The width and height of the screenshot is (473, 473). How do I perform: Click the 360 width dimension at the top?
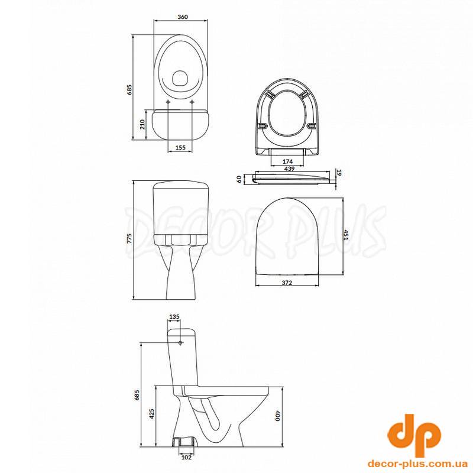(183, 17)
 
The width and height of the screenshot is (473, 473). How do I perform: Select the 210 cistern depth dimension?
(142, 124)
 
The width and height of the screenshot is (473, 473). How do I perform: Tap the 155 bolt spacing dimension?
(180, 147)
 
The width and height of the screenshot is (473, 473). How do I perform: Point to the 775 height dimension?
(129, 239)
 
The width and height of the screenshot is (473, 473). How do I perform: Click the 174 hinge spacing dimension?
(288, 161)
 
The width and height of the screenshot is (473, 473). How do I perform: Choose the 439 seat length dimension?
(289, 169)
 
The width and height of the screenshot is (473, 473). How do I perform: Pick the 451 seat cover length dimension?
(346, 235)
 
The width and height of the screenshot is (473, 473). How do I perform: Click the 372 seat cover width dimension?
(287, 283)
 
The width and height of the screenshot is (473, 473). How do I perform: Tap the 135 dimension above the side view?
(174, 317)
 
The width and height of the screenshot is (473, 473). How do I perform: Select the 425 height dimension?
(152, 414)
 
